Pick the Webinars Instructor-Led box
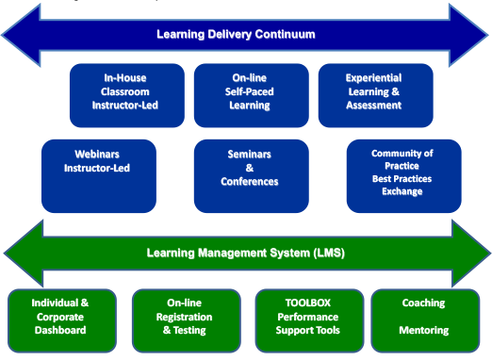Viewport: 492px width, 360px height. [98, 175]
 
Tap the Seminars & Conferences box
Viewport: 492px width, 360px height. [251, 175]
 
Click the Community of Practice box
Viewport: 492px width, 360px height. [403, 175]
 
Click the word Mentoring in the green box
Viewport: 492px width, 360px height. [423, 331]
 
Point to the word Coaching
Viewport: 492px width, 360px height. [423, 303]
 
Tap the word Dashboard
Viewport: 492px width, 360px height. [60, 331]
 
